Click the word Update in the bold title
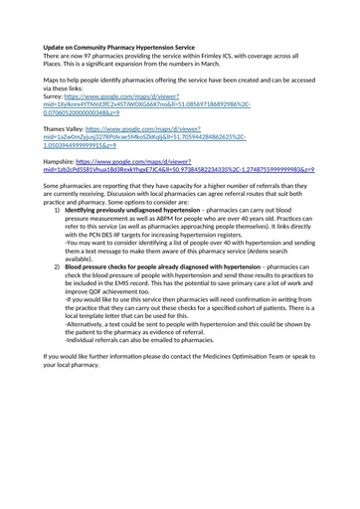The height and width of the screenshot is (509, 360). click(57, 47)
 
